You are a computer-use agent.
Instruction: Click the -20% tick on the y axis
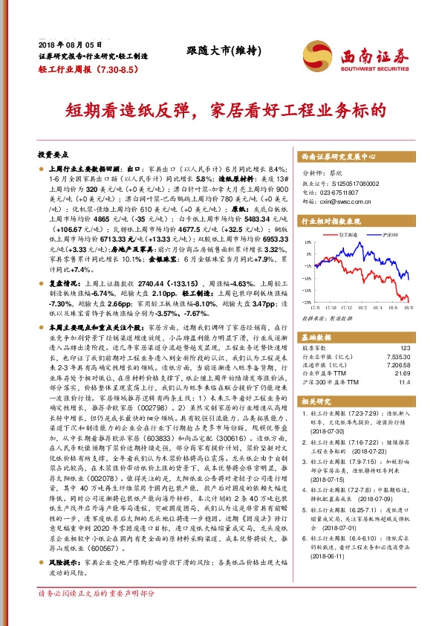pos(307,302)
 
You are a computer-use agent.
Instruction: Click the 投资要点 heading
pos(53,155)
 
